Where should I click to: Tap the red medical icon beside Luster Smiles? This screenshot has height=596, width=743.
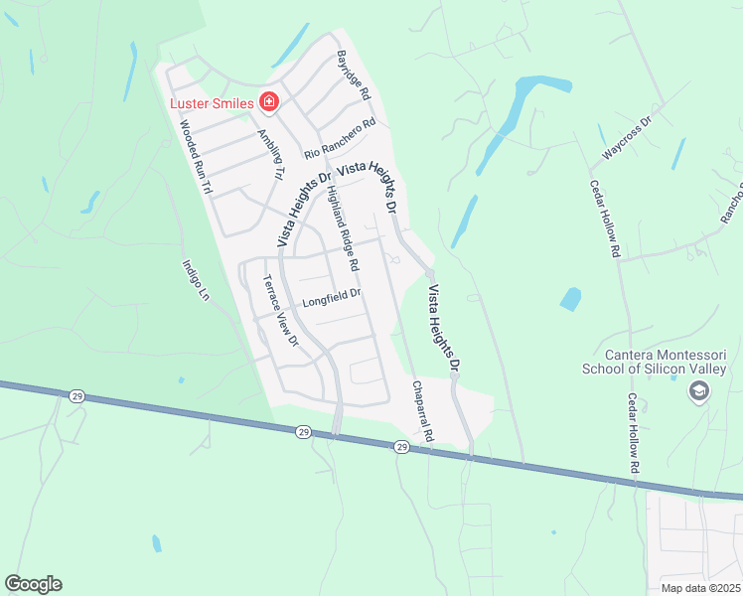tap(267, 100)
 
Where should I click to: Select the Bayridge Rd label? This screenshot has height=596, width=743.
tap(353, 75)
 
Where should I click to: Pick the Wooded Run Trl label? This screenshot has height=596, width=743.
tap(196, 157)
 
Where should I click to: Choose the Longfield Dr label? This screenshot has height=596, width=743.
tap(331, 295)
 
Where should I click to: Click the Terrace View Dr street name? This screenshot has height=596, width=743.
tap(279, 309)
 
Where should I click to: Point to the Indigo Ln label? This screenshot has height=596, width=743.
tap(197, 280)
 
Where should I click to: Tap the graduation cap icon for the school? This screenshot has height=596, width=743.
tap(698, 393)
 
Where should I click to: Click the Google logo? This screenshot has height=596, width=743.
tap(33, 584)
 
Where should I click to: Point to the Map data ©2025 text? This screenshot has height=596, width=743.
tap(701, 588)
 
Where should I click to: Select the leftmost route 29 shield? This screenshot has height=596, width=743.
tap(77, 395)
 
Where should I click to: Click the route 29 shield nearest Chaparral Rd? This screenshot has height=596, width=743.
tap(401, 447)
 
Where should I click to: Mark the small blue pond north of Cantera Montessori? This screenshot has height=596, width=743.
tap(570, 298)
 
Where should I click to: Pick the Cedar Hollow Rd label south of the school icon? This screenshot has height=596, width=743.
tap(632, 432)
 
